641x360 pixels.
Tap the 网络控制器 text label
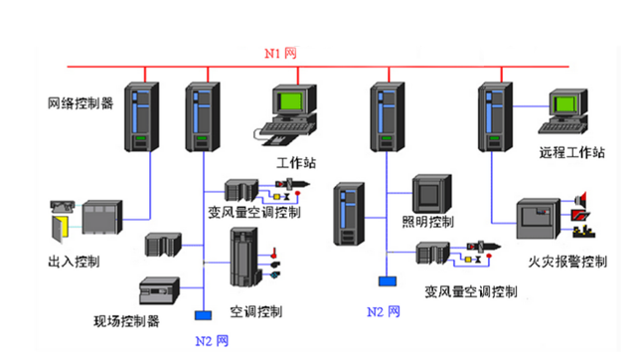[80, 102]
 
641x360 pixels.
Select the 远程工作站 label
[572, 152]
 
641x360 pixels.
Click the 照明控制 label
[428, 220]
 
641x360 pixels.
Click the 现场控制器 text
[126, 321]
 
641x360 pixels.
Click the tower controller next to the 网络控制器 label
[140, 116]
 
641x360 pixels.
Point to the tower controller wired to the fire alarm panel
[494, 116]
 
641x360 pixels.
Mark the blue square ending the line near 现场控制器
[203, 316]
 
